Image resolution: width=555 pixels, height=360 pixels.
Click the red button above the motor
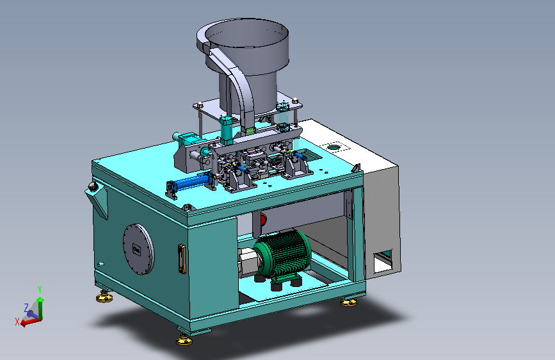[x=263, y=220]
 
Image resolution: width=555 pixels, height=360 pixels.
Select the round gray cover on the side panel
[x=139, y=249]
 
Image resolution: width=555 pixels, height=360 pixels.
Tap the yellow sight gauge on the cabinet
[x=182, y=259]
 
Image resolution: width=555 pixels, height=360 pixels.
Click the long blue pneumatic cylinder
[x=189, y=183]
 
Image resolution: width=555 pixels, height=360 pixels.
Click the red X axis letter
[x=17, y=322]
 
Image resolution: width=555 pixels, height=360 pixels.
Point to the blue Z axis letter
[x=26, y=307]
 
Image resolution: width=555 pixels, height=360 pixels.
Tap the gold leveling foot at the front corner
[x=184, y=341]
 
